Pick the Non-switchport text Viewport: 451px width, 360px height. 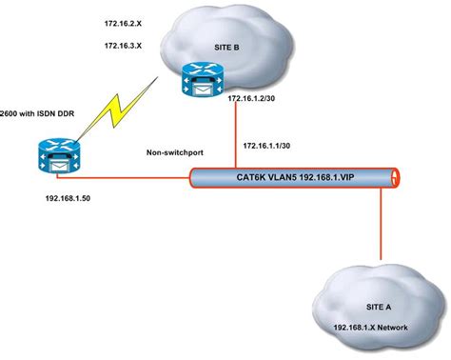[x=173, y=150]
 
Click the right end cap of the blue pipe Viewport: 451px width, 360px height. [x=393, y=175]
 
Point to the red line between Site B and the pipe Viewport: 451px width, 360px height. [x=232, y=133]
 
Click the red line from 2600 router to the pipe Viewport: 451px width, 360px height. [x=133, y=176]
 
